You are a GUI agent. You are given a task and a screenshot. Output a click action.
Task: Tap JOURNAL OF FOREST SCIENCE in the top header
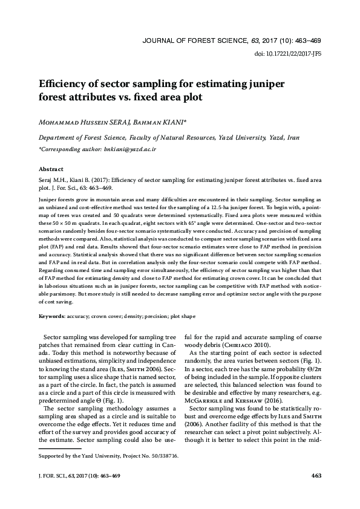[x=195, y=41]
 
